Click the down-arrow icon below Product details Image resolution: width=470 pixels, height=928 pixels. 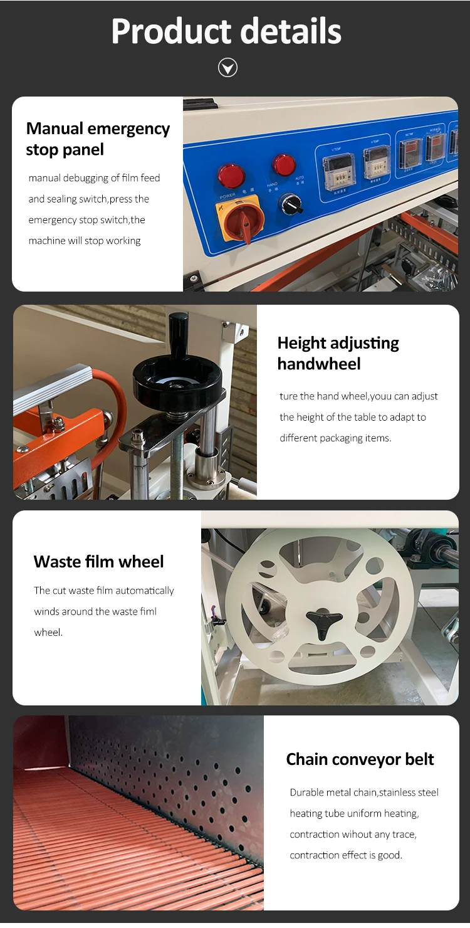[227, 67]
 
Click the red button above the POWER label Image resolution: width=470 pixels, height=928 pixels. [231, 176]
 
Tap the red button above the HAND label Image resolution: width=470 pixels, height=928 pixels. [284, 165]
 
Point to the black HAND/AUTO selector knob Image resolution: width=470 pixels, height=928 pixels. [290, 204]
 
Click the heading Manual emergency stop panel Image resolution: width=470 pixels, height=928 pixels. [98, 139]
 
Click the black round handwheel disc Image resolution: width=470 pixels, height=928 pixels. [177, 379]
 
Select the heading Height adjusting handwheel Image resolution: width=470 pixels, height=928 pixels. [338, 353]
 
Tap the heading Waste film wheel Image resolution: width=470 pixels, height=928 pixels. [98, 561]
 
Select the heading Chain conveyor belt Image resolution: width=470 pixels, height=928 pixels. [360, 759]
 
